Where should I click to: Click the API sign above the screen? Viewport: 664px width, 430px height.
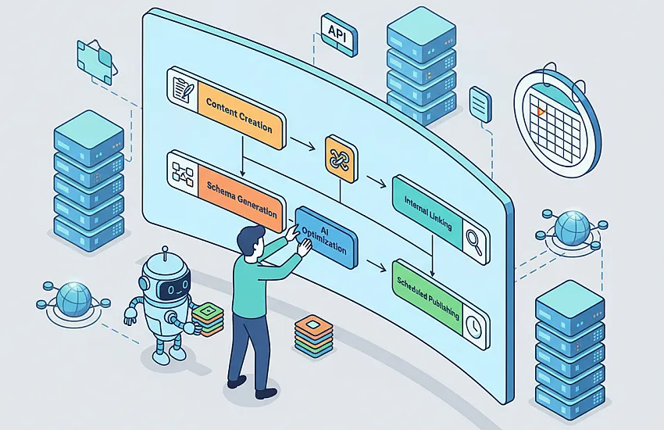(x=339, y=34)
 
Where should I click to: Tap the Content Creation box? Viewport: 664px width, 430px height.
(x=227, y=108)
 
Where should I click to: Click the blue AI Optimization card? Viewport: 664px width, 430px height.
(x=327, y=238)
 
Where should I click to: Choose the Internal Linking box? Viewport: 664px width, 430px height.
(x=441, y=220)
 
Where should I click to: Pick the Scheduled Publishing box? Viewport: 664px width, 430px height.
(x=441, y=305)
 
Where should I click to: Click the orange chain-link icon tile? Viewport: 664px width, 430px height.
(x=341, y=159)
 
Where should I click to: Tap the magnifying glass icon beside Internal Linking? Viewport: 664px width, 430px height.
(x=475, y=242)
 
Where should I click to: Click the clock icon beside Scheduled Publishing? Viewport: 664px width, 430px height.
(x=473, y=326)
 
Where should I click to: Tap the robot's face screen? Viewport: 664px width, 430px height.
(x=175, y=288)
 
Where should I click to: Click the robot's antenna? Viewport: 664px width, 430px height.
(x=166, y=253)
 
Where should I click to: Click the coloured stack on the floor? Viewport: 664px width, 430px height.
(x=313, y=336)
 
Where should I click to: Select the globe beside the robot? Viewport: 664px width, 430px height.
(x=73, y=300)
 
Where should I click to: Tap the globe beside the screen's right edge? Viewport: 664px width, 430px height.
(x=572, y=229)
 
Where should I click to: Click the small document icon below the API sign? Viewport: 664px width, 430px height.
(x=480, y=104)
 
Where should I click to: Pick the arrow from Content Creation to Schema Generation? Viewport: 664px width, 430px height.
(x=243, y=156)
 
